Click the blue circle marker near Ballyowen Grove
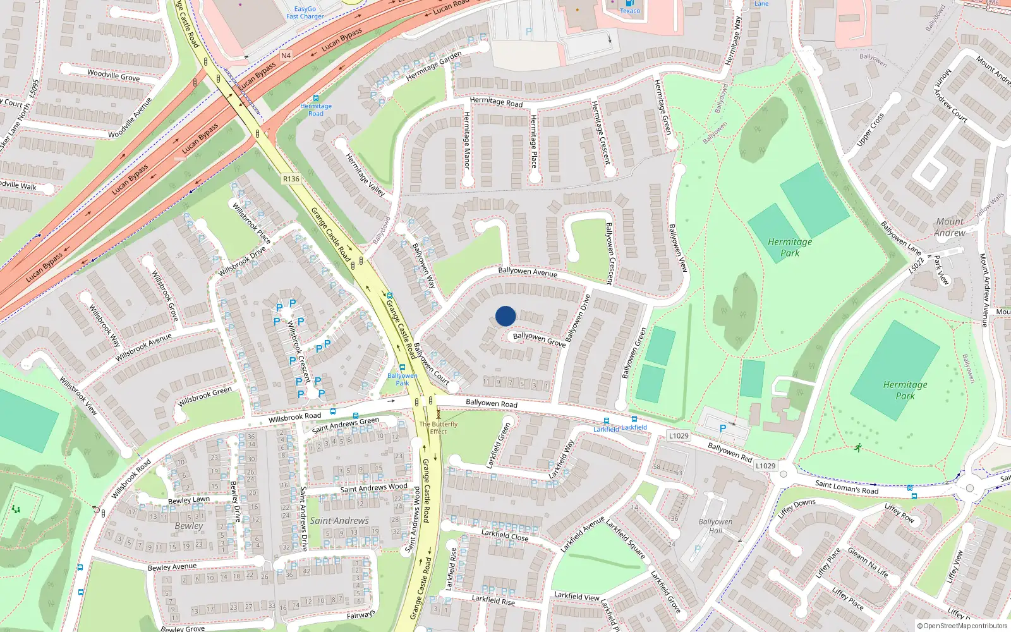pos(505,316)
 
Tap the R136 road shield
pos(291,179)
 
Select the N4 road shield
pos(286,56)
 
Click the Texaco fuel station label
pos(630,10)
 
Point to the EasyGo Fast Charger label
pos(305,13)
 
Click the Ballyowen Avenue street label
pos(528,272)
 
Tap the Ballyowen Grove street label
pos(539,339)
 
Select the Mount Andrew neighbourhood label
pos(950,227)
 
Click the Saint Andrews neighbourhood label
pos(339,521)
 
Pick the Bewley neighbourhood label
pos(189,526)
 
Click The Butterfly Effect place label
pos(438,428)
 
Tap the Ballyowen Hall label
pos(715,526)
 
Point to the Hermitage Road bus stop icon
pos(316,98)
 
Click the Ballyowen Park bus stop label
pos(403,379)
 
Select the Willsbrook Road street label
pos(294,416)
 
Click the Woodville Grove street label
pos(114,75)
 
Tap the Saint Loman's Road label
pos(847,487)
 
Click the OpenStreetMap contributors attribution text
pos(962,626)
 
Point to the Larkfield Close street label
pos(505,535)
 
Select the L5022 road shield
pos(917,265)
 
